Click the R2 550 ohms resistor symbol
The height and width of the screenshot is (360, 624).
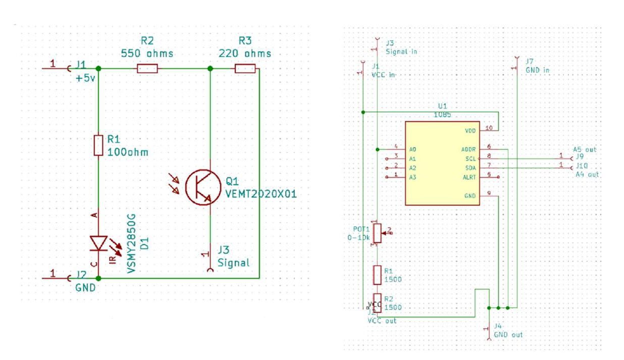[x=147, y=68]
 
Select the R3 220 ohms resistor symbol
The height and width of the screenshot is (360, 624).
[x=245, y=68]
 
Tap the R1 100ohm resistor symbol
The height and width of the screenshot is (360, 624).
[x=98, y=145]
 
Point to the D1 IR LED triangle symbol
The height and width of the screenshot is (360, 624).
[x=98, y=243]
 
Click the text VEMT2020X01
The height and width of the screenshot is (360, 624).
[x=261, y=194]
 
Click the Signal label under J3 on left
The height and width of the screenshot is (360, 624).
[x=233, y=263]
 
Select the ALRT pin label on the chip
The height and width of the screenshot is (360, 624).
[x=469, y=177]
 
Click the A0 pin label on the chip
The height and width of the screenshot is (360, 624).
[x=413, y=149]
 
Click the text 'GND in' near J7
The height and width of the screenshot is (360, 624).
[x=538, y=70]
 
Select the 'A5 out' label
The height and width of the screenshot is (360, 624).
[x=585, y=149]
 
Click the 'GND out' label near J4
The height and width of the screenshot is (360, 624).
[x=508, y=335]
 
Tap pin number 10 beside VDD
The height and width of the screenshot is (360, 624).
[x=488, y=128]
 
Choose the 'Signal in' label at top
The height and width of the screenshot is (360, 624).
[x=401, y=52]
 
